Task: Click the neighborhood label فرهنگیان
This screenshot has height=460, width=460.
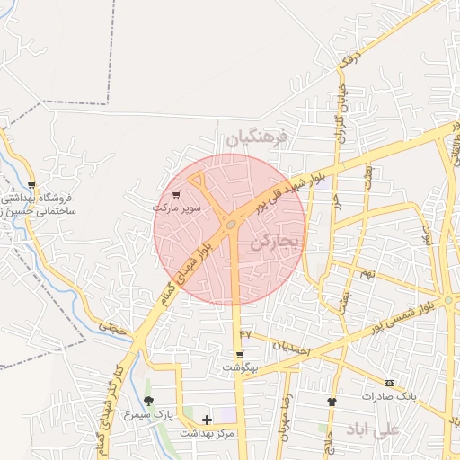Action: pyautogui.click(x=255, y=138)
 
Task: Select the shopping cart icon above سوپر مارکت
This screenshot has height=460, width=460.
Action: pyautogui.click(x=177, y=193)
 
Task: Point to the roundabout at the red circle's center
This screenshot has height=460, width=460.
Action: pyautogui.click(x=232, y=224)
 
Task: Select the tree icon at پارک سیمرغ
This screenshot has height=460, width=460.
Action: pyautogui.click(x=148, y=401)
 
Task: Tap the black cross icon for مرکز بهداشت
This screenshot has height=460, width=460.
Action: pyautogui.click(x=208, y=420)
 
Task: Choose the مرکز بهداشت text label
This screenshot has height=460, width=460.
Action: pyautogui.click(x=207, y=433)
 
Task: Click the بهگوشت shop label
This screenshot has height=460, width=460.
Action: pyautogui.click(x=241, y=368)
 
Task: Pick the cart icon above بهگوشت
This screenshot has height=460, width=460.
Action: pyautogui.click(x=240, y=355)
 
